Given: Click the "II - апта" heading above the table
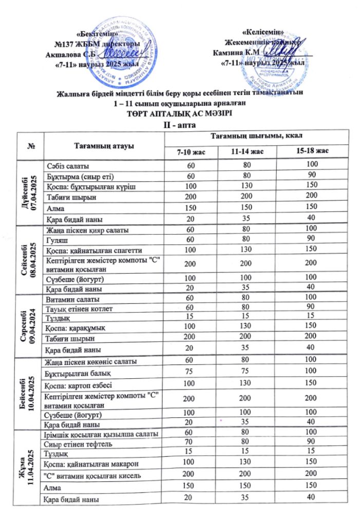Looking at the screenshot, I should coord(180,124).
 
